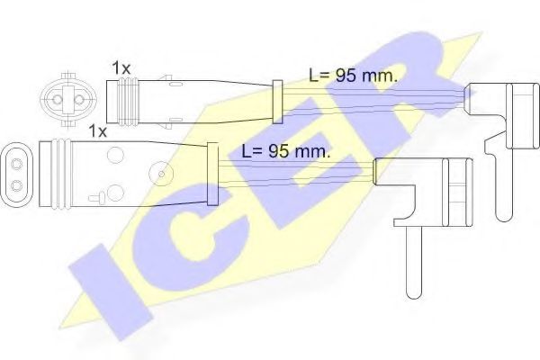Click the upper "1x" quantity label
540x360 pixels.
coord(121,68)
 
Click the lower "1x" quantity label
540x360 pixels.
coord(98,131)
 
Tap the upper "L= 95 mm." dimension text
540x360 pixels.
coord(353,76)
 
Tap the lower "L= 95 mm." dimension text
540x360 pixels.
coord(286,151)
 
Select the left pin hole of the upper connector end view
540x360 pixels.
coord(58,100)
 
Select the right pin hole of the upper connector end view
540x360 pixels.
coord(79,100)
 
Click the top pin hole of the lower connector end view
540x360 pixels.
coord(16,165)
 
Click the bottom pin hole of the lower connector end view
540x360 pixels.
coord(16,186)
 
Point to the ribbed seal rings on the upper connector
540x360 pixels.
coord(129,101)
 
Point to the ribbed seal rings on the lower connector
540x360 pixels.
coord(61,174)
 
